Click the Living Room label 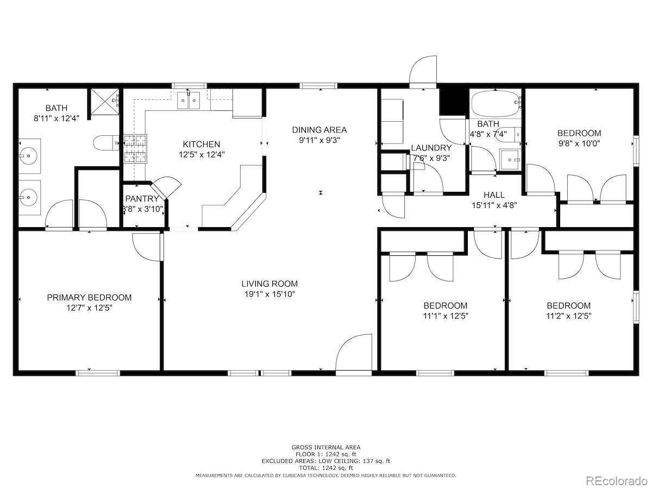(x=269, y=284)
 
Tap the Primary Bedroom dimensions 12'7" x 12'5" (x=89, y=308)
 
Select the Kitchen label (x=202, y=145)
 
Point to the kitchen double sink (x=189, y=101)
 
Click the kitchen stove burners (x=135, y=149)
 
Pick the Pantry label (x=142, y=199)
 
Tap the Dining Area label (x=319, y=130)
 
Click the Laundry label (x=431, y=148)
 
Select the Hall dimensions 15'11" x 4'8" (x=494, y=205)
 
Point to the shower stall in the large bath (x=105, y=101)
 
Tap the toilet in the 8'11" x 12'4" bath (x=106, y=143)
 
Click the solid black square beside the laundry (x=453, y=101)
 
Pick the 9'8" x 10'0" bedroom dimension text (x=579, y=143)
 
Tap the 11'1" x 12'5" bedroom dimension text (x=446, y=316)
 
